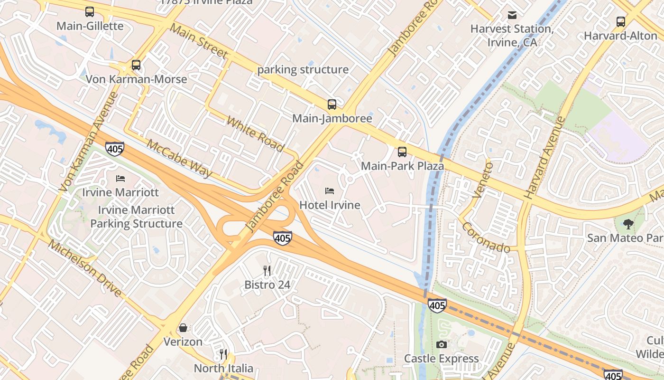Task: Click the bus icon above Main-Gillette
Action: pos(90,12)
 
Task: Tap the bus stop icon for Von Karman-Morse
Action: pos(136,65)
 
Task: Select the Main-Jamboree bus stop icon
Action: pos(332,104)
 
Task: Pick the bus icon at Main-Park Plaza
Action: pos(402,152)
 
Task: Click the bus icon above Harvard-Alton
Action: pos(621,22)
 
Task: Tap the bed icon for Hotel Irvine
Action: pos(330,191)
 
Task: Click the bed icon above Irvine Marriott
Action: pos(120,179)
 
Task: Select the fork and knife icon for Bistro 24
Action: pos(267,271)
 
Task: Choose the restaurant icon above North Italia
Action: pos(223,354)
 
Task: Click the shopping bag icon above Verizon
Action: pos(183,328)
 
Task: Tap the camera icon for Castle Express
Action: pos(442,344)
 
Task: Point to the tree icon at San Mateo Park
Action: pos(628,224)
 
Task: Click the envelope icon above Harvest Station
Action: pos(512,15)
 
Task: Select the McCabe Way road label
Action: pos(180,159)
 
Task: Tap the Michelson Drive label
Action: pos(85,269)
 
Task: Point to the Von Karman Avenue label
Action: pos(89,142)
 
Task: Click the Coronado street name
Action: pos(486,237)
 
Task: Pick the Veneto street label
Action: pos(483,180)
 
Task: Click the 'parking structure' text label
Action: pos(303,70)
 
